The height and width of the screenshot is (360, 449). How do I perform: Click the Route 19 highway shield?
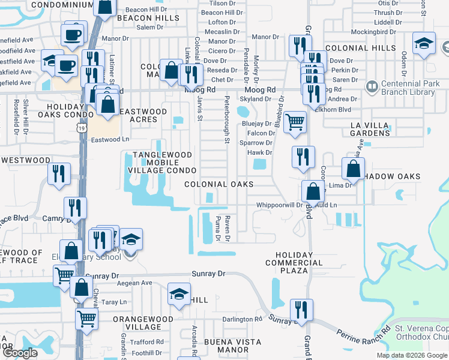pyautogui.click(x=80, y=127)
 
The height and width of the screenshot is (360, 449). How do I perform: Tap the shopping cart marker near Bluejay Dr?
pyautogui.click(x=295, y=121)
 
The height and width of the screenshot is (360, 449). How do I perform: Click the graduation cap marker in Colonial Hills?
pyautogui.click(x=424, y=43)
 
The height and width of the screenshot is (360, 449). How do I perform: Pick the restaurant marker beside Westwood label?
pyautogui.click(x=59, y=173)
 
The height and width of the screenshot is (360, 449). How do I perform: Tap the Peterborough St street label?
pyautogui.click(x=228, y=120)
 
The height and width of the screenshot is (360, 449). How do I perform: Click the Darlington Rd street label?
pyautogui.click(x=243, y=319)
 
